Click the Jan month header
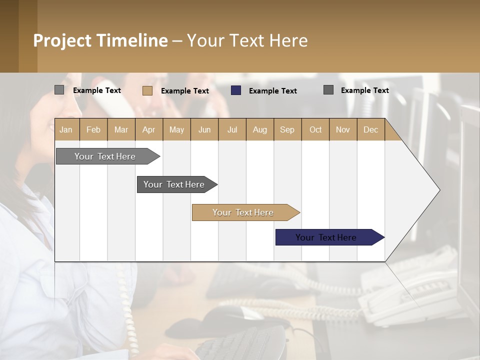pyautogui.click(x=66, y=129)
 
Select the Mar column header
pyautogui.click(x=121, y=129)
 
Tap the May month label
pyautogui.click(x=176, y=129)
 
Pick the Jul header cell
pyautogui.click(x=232, y=129)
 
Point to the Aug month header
pyautogui.click(x=260, y=129)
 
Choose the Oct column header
pyautogui.click(x=315, y=129)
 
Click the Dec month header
pyautogui.click(x=370, y=129)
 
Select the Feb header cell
pyautogui.click(x=93, y=129)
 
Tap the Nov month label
pyautogui.click(x=343, y=129)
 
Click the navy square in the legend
pyautogui.click(x=236, y=90)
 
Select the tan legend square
pyautogui.click(x=147, y=90)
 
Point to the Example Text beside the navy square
pyautogui.click(x=272, y=91)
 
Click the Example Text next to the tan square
pyautogui.click(x=184, y=91)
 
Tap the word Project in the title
pyautogui.click(x=62, y=40)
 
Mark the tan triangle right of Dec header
pyautogui.click(x=391, y=133)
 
